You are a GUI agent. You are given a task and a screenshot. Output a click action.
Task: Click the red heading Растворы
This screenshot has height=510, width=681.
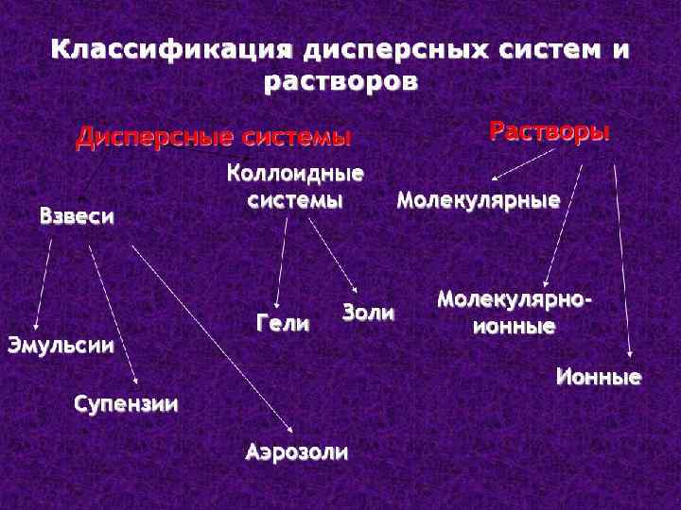click(549, 131)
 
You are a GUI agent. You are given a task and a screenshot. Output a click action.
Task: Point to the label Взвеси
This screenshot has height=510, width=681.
click(77, 216)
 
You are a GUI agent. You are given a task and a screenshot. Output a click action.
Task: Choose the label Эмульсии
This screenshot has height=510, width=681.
click(61, 345)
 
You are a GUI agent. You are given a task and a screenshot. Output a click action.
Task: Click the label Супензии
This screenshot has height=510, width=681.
click(126, 405)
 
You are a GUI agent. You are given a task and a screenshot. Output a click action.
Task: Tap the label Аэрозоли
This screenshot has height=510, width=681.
click(296, 451)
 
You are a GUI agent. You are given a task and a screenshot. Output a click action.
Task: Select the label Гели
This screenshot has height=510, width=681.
click(283, 324)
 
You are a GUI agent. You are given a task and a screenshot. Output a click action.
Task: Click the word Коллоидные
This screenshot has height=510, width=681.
click(295, 175)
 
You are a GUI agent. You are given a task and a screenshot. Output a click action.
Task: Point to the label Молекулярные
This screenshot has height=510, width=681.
click(478, 200)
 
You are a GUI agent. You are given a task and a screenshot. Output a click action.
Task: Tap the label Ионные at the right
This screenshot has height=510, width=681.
click(598, 379)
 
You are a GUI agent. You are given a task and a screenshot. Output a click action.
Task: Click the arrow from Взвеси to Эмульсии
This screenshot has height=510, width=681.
click(44, 283)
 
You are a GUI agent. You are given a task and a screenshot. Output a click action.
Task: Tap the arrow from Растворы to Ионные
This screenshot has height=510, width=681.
click(621, 255)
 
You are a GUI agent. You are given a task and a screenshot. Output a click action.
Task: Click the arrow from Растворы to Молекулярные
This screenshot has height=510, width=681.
click(524, 162)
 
